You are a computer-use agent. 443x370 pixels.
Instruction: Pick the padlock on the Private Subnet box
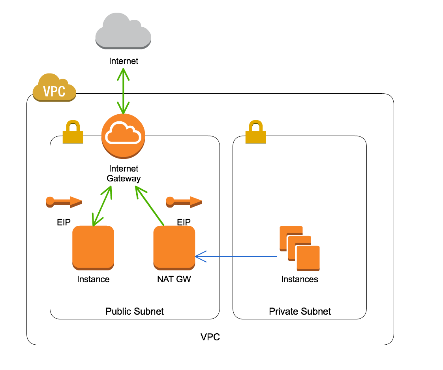pos(256,133)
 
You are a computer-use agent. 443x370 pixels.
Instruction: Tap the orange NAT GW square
pos(174,247)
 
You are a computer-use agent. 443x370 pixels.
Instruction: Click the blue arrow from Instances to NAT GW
pos(237,257)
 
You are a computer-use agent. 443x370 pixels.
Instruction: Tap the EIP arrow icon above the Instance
pos(64,202)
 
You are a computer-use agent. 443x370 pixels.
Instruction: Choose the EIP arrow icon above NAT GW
pos(184,202)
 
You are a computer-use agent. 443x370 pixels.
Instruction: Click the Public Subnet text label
pos(135,311)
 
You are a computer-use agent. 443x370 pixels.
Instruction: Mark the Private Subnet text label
pos(300,311)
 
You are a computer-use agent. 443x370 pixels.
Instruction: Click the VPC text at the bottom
pos(210,337)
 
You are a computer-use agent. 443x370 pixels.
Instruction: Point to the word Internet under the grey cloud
pos(124,61)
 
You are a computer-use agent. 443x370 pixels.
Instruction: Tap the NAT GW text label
pos(174,279)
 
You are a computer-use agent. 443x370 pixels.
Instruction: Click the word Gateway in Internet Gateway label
pos(124,178)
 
